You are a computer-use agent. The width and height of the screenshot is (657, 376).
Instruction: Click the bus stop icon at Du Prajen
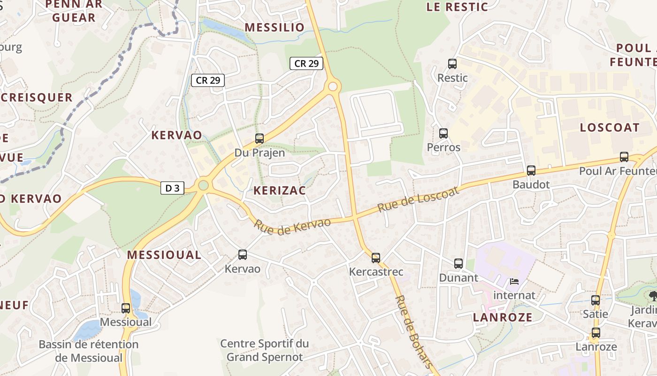coord(260,139)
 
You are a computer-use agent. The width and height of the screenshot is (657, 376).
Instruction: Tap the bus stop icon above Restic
coord(452,64)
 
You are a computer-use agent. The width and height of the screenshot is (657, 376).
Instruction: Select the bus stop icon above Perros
coord(443,133)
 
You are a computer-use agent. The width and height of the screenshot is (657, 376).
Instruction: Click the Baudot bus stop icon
coord(531,171)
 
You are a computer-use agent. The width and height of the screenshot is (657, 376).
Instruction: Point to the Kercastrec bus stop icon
coord(376,258)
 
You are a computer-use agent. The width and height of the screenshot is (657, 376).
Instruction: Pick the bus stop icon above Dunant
coord(458,264)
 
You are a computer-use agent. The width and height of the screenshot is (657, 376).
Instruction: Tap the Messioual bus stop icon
coord(126,308)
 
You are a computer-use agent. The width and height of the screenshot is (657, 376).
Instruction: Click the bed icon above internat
coord(514,282)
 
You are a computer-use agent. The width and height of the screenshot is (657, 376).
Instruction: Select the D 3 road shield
coord(173,188)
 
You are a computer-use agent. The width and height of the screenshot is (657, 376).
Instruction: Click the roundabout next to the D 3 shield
coord(203,185)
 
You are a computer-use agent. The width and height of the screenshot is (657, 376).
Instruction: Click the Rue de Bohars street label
coord(413,331)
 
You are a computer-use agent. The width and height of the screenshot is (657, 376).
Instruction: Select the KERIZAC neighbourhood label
coord(279,190)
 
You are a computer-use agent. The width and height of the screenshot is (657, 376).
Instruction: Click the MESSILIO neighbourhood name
coord(275,27)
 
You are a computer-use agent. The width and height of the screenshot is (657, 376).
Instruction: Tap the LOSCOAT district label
coord(610,127)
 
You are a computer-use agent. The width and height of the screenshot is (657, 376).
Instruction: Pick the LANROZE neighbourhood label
coord(503,317)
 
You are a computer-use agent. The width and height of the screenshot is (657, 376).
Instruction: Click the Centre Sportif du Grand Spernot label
coord(265,350)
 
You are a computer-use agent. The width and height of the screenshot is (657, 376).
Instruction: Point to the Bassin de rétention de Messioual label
coord(89,351)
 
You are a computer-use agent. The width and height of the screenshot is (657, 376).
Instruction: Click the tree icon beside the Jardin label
coord(652,295)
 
